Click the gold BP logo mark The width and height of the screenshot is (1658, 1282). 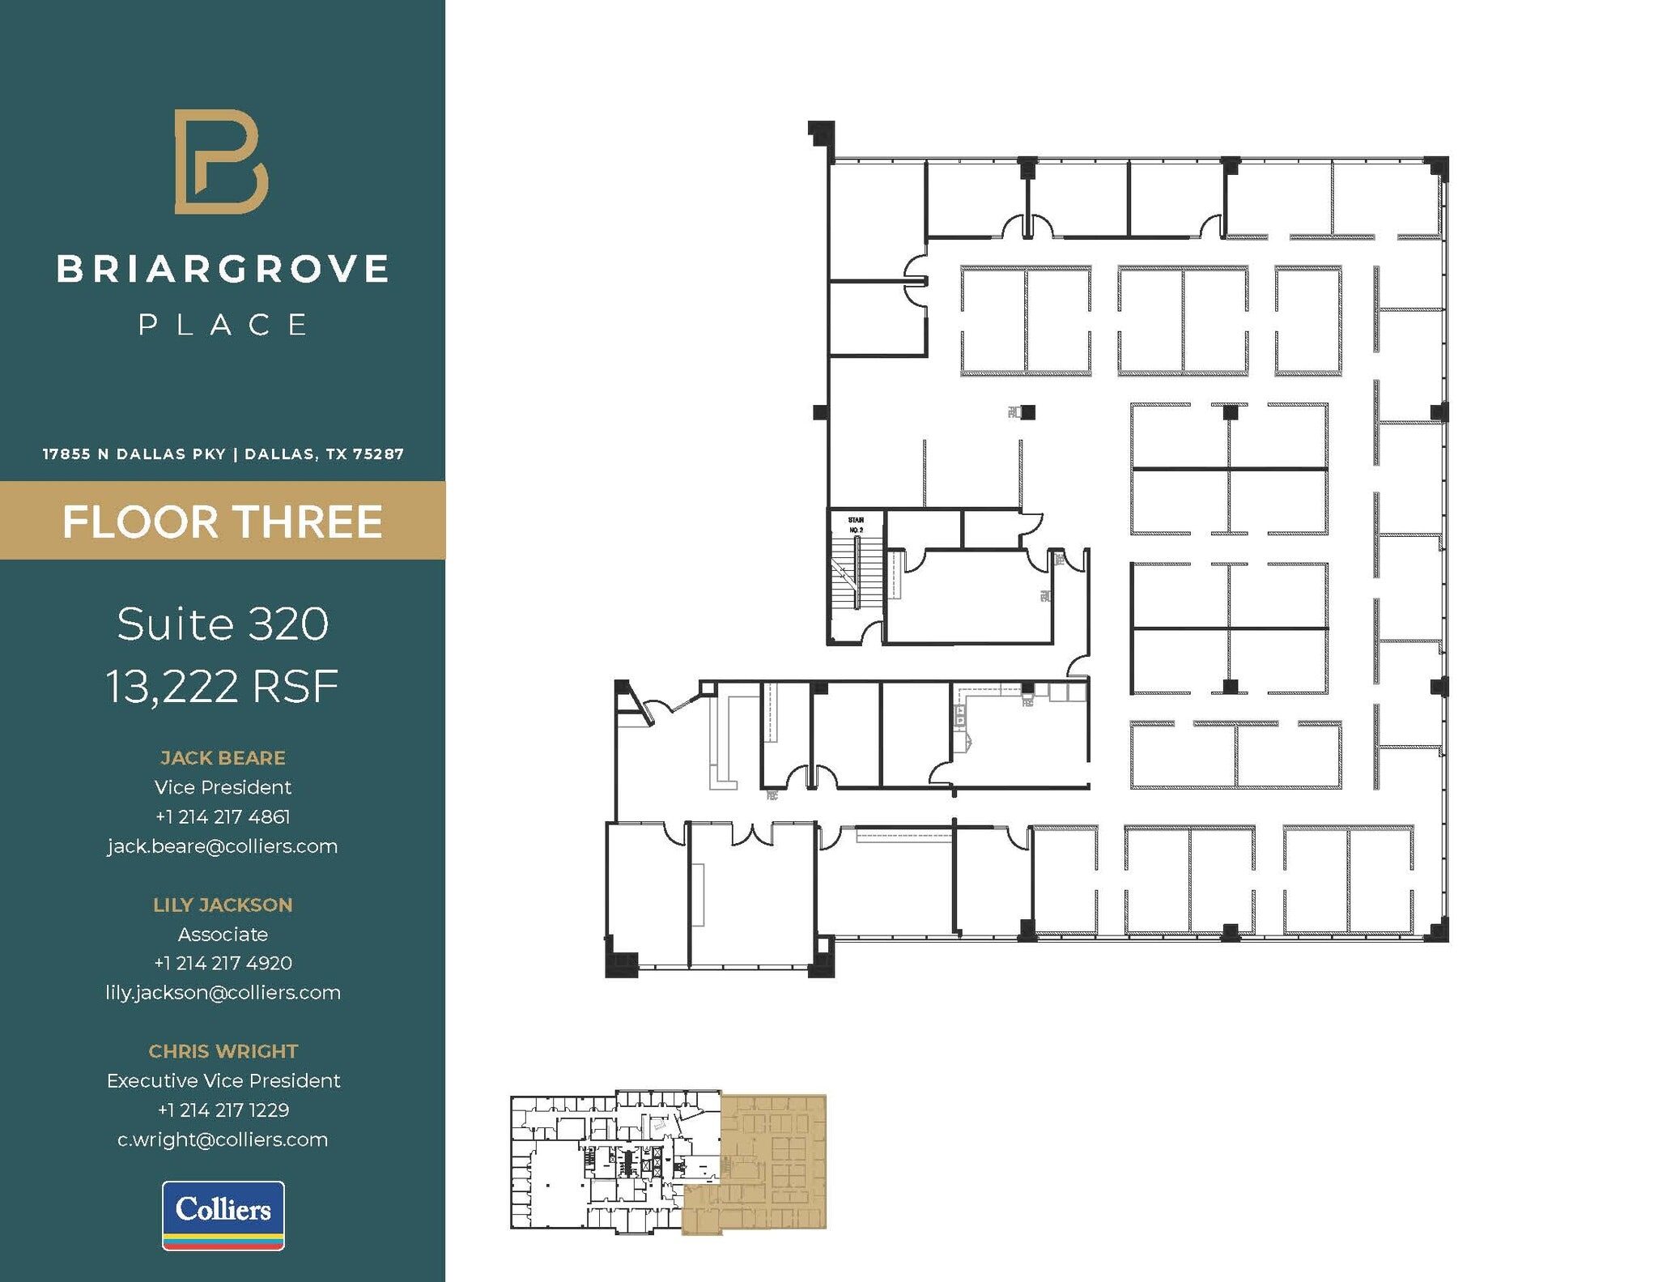[221, 162]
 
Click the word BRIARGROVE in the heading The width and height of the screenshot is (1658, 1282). [223, 270]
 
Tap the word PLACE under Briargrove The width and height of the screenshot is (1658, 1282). [223, 325]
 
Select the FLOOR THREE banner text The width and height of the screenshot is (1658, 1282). [223, 522]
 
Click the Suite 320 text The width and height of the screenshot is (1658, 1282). [223, 624]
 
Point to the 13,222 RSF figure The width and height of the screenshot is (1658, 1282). [223, 687]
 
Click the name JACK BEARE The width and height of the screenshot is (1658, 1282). [223, 758]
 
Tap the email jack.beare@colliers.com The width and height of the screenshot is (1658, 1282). [223, 846]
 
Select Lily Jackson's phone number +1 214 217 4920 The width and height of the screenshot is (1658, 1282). [223, 963]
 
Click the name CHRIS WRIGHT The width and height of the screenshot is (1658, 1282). [223, 1051]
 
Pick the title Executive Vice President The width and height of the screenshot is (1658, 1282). [223, 1080]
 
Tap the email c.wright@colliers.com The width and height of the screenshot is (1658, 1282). [223, 1139]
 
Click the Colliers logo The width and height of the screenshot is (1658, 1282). [223, 1215]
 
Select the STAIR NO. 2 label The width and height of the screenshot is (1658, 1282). [856, 525]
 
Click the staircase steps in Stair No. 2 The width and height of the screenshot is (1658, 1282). [846, 575]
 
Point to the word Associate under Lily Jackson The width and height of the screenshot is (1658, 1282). [223, 934]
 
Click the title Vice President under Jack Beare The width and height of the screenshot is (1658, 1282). [223, 787]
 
